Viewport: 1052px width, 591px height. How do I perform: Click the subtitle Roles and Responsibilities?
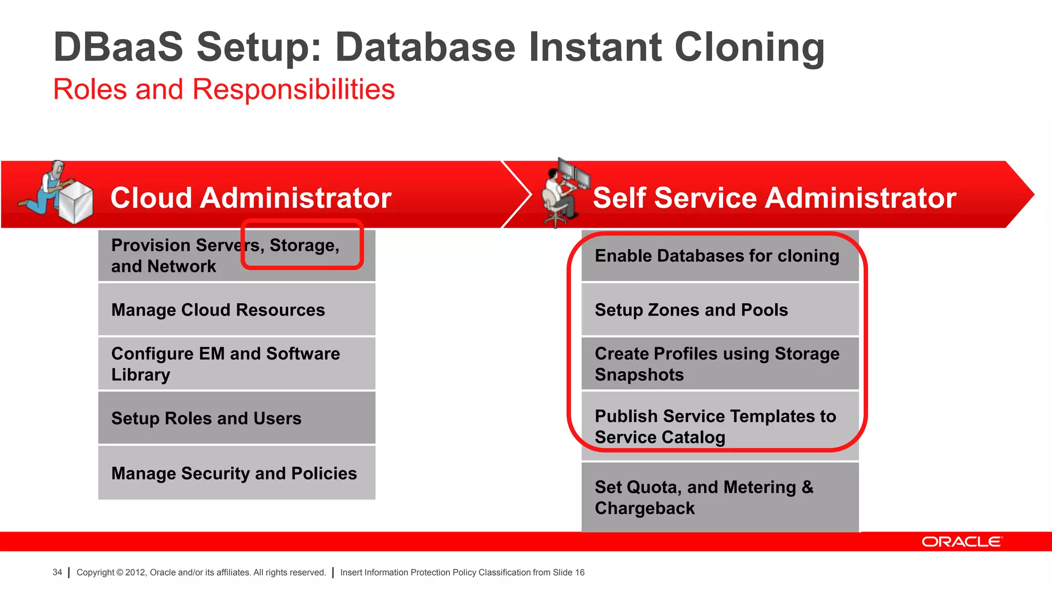click(x=224, y=89)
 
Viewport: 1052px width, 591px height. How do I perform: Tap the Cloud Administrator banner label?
click(x=251, y=198)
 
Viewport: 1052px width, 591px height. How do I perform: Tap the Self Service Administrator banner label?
click(x=774, y=198)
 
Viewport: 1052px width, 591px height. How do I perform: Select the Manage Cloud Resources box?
click(x=236, y=310)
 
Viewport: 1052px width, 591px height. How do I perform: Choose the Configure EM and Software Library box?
click(x=236, y=364)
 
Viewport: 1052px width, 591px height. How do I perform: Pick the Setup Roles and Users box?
click(x=236, y=418)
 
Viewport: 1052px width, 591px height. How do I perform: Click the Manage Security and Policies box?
click(x=236, y=472)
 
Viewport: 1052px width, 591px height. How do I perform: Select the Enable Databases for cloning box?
click(x=719, y=256)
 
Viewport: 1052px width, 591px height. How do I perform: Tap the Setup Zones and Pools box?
click(x=719, y=310)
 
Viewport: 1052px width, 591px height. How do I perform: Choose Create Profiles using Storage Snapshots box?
click(x=719, y=364)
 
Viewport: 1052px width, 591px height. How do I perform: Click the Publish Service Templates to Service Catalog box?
click(x=719, y=426)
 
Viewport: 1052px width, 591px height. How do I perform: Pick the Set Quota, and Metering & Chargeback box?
click(x=719, y=497)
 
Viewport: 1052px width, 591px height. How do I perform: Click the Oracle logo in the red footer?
click(x=961, y=542)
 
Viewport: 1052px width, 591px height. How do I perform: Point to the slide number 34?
click(x=57, y=572)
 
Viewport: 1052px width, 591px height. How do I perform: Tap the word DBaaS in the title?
click(x=118, y=47)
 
